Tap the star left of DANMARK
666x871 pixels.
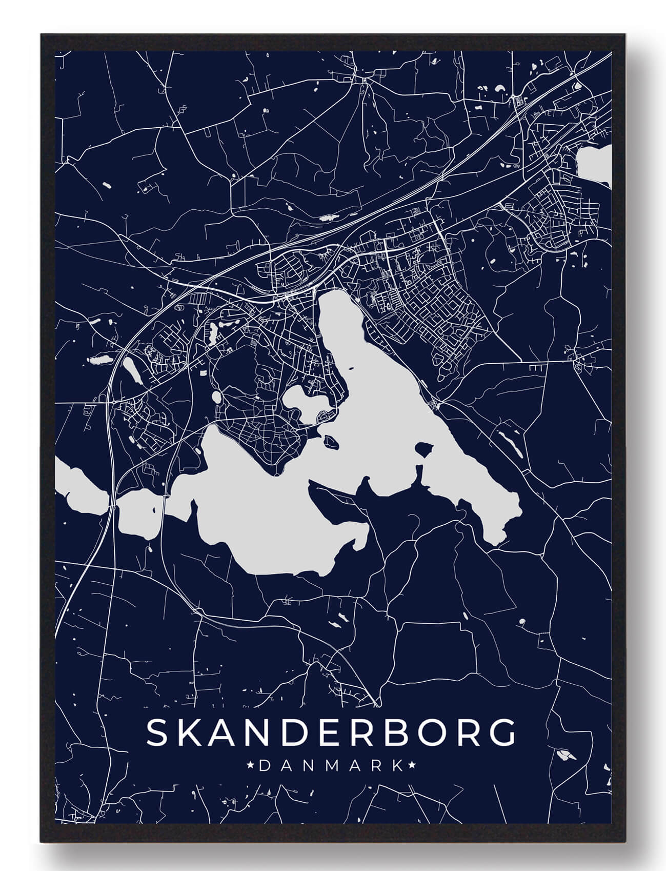click(x=251, y=766)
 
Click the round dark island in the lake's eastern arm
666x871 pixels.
click(x=423, y=450)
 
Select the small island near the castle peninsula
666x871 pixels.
click(x=329, y=440)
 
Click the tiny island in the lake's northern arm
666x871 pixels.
click(x=351, y=368)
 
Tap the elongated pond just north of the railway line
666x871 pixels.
click(x=328, y=217)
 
